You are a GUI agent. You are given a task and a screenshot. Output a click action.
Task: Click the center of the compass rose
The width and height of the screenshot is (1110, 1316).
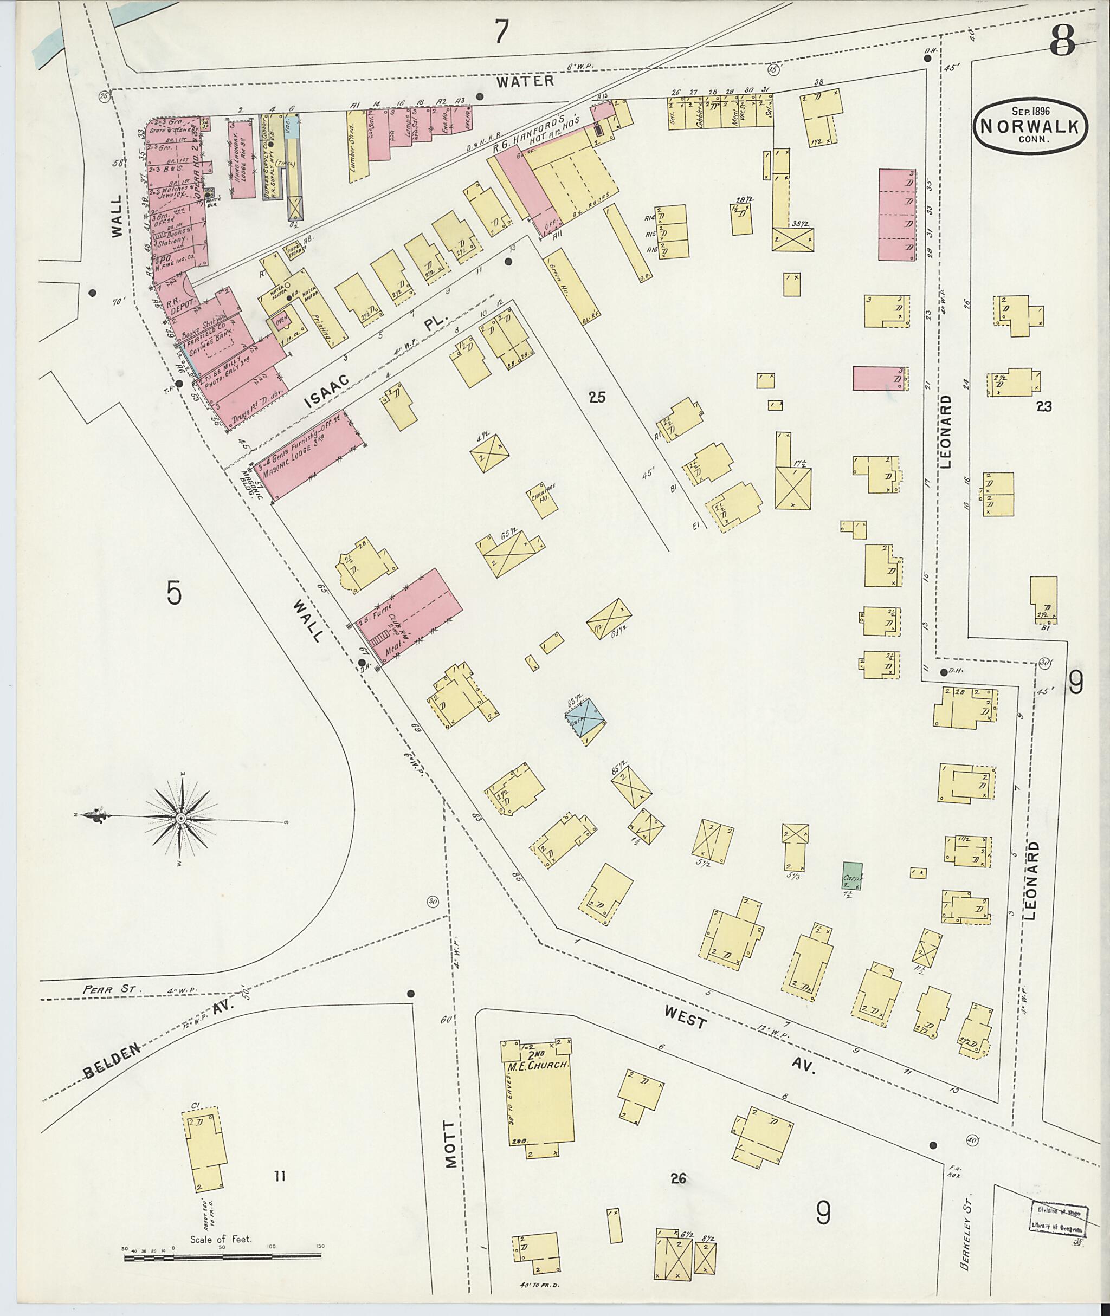(x=180, y=817)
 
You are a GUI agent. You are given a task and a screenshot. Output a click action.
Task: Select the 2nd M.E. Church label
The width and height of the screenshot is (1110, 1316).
(x=539, y=1062)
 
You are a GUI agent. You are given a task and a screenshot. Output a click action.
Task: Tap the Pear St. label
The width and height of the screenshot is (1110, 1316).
(x=104, y=989)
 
